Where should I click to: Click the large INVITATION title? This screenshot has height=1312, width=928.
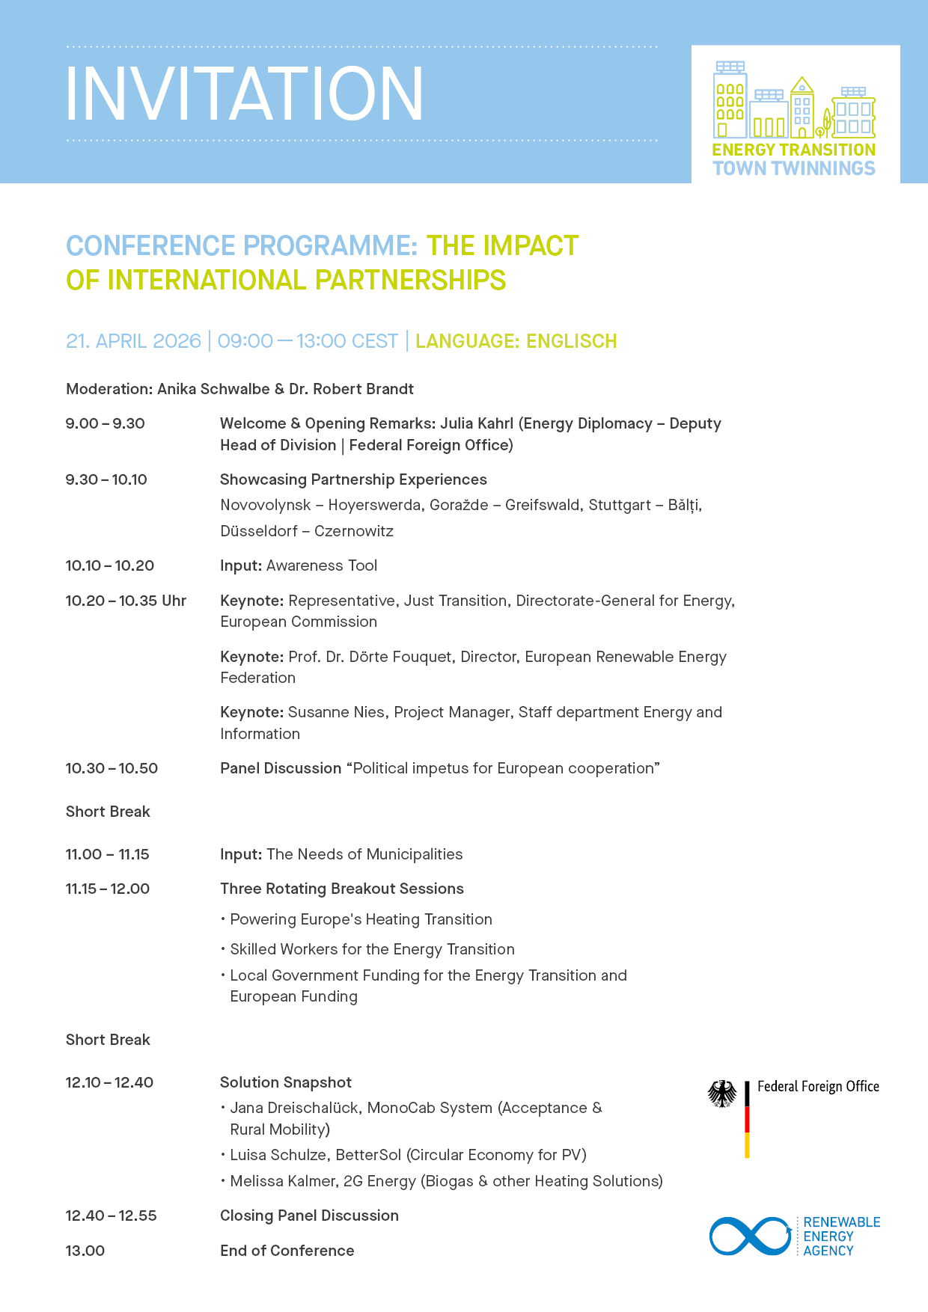click(x=244, y=94)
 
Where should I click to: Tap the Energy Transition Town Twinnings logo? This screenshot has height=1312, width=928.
click(x=794, y=118)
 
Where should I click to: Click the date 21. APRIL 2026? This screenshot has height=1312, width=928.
click(x=133, y=341)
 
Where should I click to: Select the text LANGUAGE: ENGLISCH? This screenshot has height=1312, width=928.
click(x=516, y=341)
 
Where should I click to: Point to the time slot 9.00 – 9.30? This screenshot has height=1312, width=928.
click(x=105, y=423)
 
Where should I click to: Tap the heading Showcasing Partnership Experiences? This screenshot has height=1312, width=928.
click(x=353, y=479)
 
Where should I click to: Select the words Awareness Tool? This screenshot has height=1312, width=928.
click(x=322, y=565)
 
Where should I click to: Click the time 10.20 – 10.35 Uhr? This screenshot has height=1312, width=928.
click(x=126, y=601)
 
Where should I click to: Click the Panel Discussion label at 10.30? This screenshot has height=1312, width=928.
click(x=281, y=768)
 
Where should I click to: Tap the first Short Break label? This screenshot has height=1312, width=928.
click(x=108, y=812)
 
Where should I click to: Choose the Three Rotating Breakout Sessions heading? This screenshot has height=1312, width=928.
click(x=342, y=889)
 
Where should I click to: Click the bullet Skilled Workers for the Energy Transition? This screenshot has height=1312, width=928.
click(x=372, y=949)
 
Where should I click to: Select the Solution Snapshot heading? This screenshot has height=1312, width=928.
click(x=286, y=1082)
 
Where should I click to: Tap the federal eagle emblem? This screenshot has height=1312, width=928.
click(x=722, y=1094)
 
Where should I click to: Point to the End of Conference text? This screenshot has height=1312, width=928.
click(x=287, y=1251)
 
